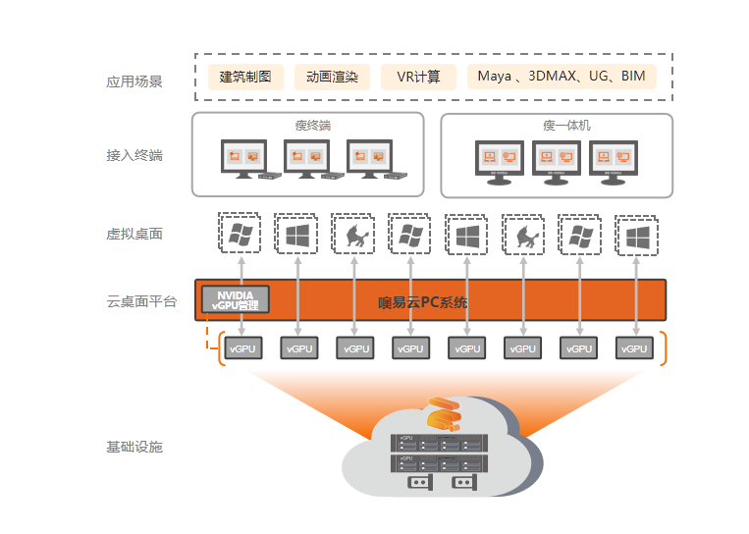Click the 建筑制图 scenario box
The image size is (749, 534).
click(x=245, y=77)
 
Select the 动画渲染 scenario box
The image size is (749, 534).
click(x=332, y=77)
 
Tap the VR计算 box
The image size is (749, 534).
click(x=418, y=77)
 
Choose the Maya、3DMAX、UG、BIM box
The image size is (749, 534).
click(x=561, y=77)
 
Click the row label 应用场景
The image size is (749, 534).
click(x=134, y=81)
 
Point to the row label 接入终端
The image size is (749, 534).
click(x=134, y=155)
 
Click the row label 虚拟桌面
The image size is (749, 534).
click(x=134, y=234)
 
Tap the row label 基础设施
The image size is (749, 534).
click(x=134, y=447)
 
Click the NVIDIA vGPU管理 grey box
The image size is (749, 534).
click(x=235, y=299)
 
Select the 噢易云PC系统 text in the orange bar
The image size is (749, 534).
click(x=423, y=302)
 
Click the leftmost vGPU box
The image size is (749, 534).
click(x=241, y=348)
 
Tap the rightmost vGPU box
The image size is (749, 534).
click(x=635, y=348)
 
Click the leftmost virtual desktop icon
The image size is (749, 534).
click(x=240, y=236)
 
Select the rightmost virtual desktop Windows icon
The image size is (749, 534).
click(x=636, y=236)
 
